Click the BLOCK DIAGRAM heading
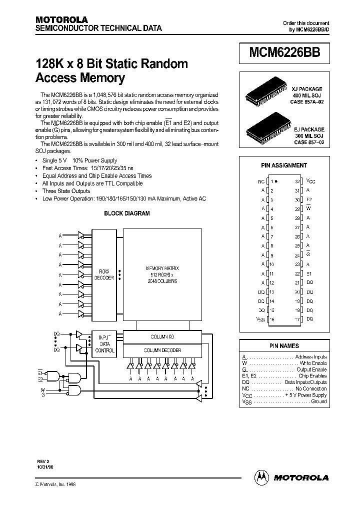(126, 213)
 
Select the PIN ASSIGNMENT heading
(284, 165)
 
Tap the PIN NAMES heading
(284, 345)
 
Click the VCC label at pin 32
(310, 181)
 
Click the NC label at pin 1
(261, 181)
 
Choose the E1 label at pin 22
(309, 273)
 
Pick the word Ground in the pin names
(318, 401)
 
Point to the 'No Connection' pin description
(311, 388)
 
